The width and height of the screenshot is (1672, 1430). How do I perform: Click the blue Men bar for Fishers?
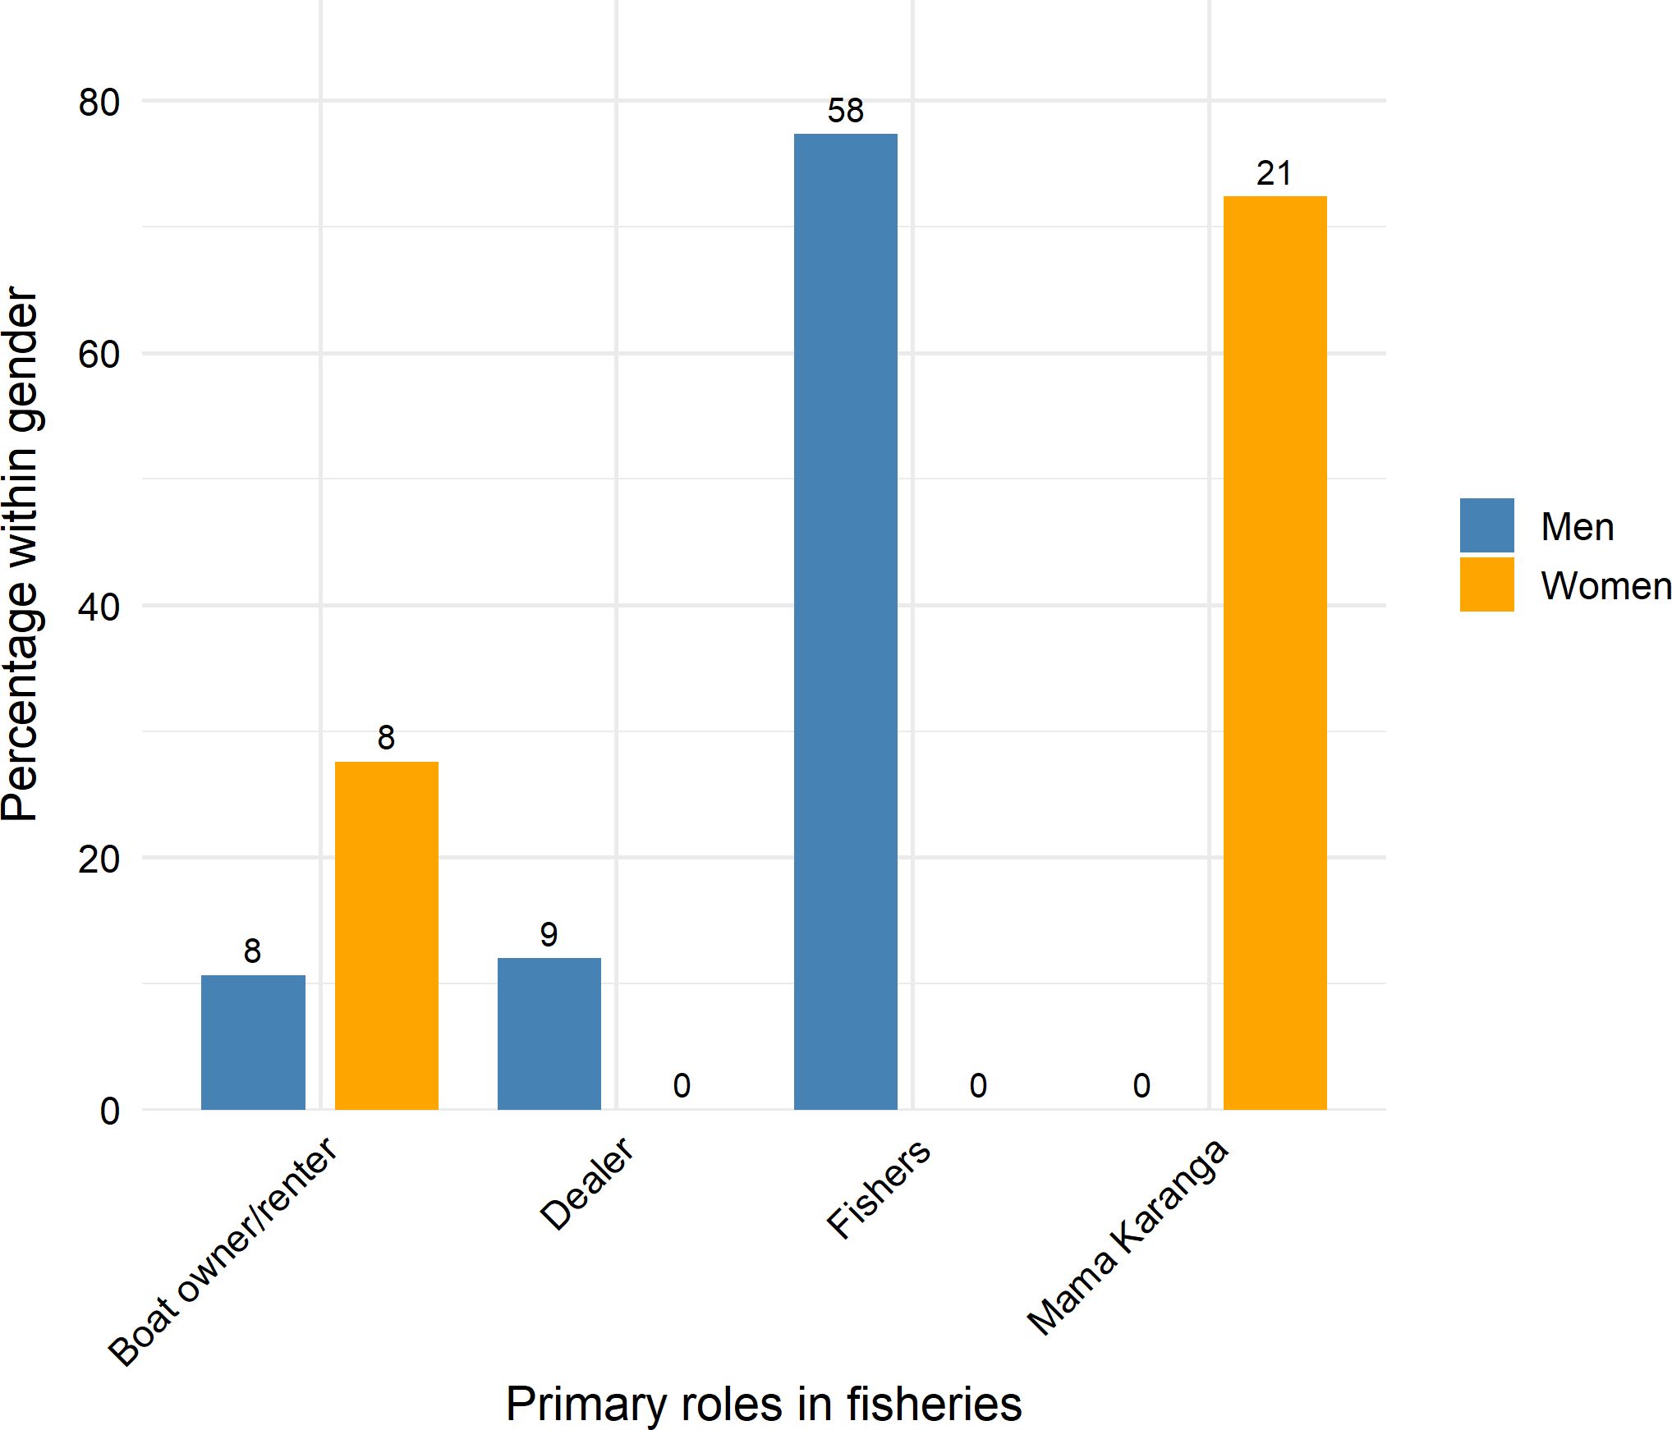tap(845, 621)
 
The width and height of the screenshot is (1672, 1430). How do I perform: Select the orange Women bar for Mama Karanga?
tap(1275, 653)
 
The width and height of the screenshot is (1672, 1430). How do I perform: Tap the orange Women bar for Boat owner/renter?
tap(386, 936)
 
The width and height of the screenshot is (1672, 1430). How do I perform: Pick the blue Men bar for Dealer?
tap(549, 1034)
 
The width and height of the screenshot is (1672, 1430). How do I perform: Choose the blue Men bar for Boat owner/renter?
tap(253, 1043)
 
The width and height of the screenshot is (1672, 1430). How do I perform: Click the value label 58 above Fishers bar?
tap(845, 111)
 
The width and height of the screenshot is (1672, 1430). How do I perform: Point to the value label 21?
tap(1274, 173)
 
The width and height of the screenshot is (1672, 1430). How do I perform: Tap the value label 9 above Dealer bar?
tap(549, 934)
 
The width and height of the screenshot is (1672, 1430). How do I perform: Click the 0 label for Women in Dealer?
tap(682, 1085)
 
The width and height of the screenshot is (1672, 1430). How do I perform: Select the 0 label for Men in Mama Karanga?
tap(1141, 1085)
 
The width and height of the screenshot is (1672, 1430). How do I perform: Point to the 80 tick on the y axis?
tap(99, 103)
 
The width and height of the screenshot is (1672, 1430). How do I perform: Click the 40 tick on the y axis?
tap(99, 607)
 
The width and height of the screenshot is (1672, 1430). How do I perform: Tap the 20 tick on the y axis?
tap(99, 859)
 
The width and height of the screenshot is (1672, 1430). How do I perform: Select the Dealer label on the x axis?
tap(587, 1184)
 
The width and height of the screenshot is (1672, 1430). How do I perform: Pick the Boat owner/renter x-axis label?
tap(223, 1251)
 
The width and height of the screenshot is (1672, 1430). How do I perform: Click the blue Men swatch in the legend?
tap(1486, 525)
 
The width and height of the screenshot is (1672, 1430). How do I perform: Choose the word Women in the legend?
tap(1605, 586)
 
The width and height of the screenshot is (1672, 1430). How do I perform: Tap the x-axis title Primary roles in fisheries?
tap(763, 1403)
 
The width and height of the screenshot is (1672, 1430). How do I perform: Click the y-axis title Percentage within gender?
tap(21, 554)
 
